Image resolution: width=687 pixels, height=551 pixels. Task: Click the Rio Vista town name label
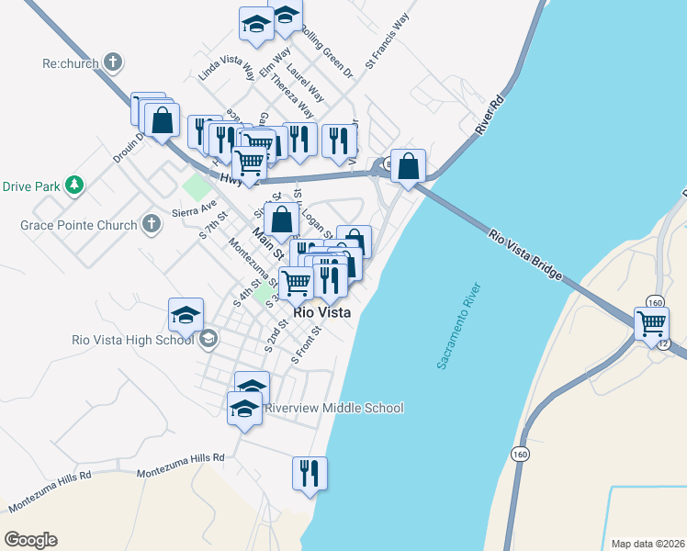pyautogui.click(x=321, y=312)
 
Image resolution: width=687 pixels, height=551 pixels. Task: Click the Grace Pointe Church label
pyautogui.click(x=77, y=224)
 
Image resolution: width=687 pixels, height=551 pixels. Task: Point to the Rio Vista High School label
pyautogui.click(x=132, y=339)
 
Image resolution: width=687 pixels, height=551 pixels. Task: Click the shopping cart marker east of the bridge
pyautogui.click(x=651, y=323)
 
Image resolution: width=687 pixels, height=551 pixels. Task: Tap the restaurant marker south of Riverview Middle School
pyautogui.click(x=310, y=473)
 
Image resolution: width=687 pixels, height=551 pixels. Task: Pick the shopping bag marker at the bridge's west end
pyautogui.click(x=409, y=166)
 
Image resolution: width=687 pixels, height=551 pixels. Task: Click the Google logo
pyautogui.click(x=30, y=539)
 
